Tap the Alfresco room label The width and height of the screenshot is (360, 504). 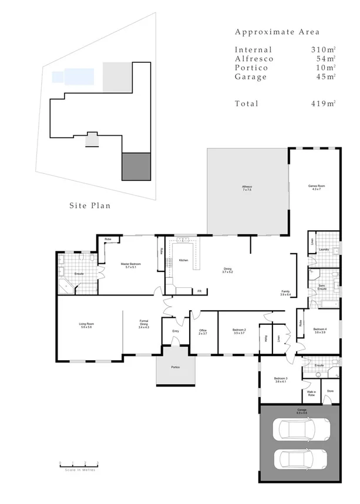coord(247,189)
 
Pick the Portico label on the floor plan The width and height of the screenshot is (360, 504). coord(175,367)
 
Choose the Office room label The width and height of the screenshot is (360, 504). coord(203,331)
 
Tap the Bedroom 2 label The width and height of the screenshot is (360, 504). coord(239,331)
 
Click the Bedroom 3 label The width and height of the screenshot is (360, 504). coord(280,380)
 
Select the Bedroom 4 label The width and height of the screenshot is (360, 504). coord(320,330)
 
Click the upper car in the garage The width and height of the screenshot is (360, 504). coord(300,430)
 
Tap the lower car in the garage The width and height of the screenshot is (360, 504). coord(300,459)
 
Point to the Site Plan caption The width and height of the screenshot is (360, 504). coord(90,206)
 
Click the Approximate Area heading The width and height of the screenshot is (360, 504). coord(277,32)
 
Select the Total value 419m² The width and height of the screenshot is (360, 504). coord(323,103)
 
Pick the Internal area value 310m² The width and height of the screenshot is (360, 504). coord(323,50)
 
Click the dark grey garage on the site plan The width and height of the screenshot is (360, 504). coord(136,166)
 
